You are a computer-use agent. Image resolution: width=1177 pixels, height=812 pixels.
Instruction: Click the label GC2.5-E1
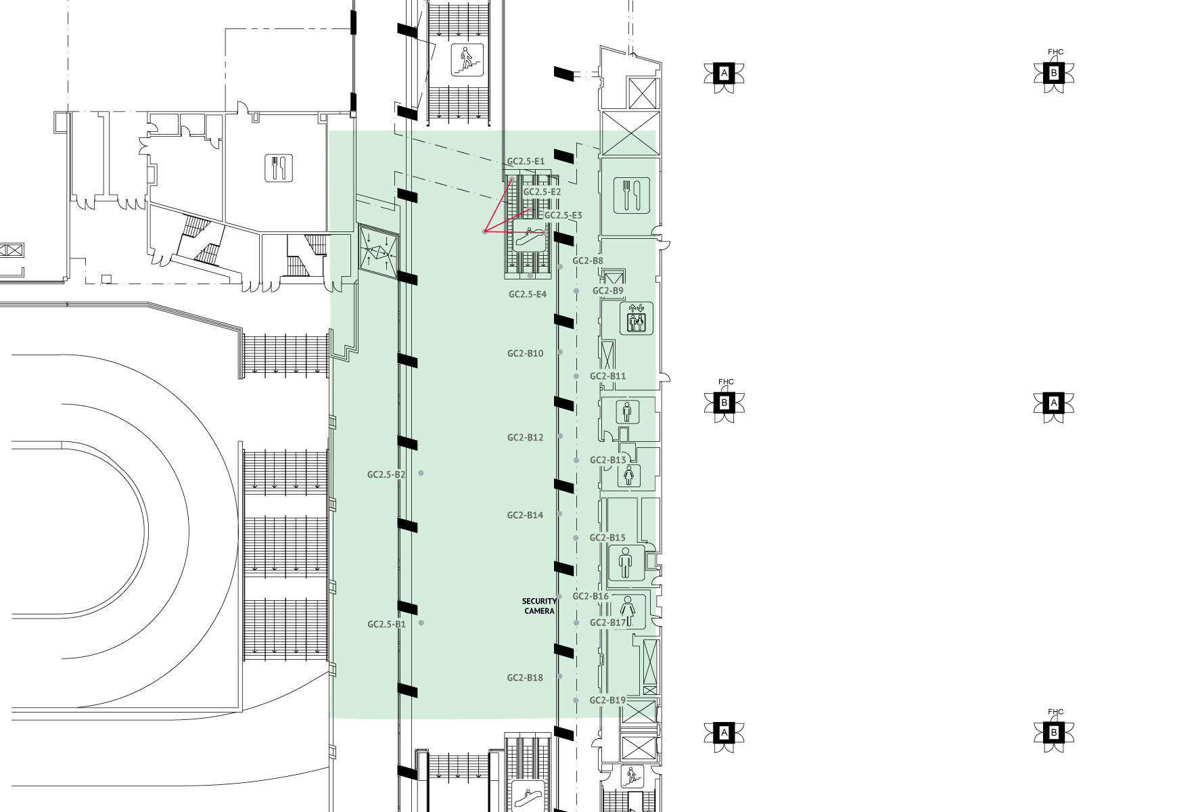pyautogui.click(x=526, y=162)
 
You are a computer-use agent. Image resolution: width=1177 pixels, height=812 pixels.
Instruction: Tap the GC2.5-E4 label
pyautogui.click(x=528, y=294)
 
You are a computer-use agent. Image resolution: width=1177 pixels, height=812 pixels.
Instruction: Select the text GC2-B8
pyautogui.click(x=588, y=261)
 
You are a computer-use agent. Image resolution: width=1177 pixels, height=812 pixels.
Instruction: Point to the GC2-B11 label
pyautogui.click(x=608, y=376)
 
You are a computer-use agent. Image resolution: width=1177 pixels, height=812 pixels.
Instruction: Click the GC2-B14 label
pyautogui.click(x=526, y=515)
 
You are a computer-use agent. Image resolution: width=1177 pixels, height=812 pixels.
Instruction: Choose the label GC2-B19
pyautogui.click(x=607, y=700)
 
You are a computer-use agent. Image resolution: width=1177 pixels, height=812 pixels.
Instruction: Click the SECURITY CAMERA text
pyautogui.click(x=539, y=606)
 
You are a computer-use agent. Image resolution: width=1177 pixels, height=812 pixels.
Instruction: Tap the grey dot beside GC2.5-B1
pyautogui.click(x=421, y=623)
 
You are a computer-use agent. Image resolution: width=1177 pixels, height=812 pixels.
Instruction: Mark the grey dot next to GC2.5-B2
pyautogui.click(x=421, y=473)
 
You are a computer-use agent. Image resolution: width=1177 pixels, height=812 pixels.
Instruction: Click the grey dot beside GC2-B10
pyautogui.click(x=560, y=353)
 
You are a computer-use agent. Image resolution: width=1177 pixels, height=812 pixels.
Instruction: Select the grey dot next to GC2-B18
pyautogui.click(x=559, y=677)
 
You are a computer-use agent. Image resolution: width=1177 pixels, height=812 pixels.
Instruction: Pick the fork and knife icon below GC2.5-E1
pyautogui.click(x=632, y=195)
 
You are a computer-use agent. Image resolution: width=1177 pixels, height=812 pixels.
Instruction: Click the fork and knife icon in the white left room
pyautogui.click(x=278, y=168)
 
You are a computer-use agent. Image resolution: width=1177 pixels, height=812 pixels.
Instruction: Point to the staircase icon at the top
pyautogui.click(x=467, y=60)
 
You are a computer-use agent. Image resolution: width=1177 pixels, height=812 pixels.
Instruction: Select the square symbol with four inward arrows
pyautogui.click(x=378, y=250)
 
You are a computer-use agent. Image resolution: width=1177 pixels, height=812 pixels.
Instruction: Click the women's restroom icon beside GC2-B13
pyautogui.click(x=629, y=475)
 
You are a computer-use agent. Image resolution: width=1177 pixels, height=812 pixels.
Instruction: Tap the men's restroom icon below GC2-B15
pyautogui.click(x=625, y=563)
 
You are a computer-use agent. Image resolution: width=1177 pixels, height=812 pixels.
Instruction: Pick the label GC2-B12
pyautogui.click(x=526, y=438)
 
